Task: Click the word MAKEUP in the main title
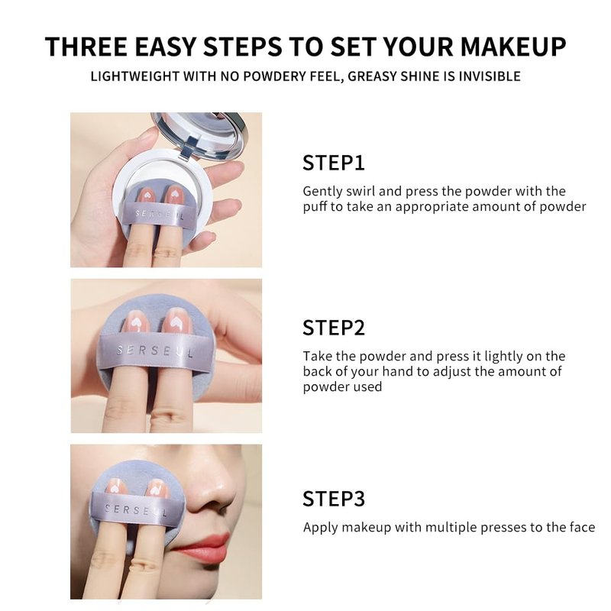[513, 47]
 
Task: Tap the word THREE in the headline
[86, 47]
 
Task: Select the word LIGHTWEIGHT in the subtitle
[134, 76]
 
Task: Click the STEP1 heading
[334, 163]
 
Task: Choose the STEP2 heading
[334, 328]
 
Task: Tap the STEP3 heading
[334, 499]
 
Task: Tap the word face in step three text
[582, 527]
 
